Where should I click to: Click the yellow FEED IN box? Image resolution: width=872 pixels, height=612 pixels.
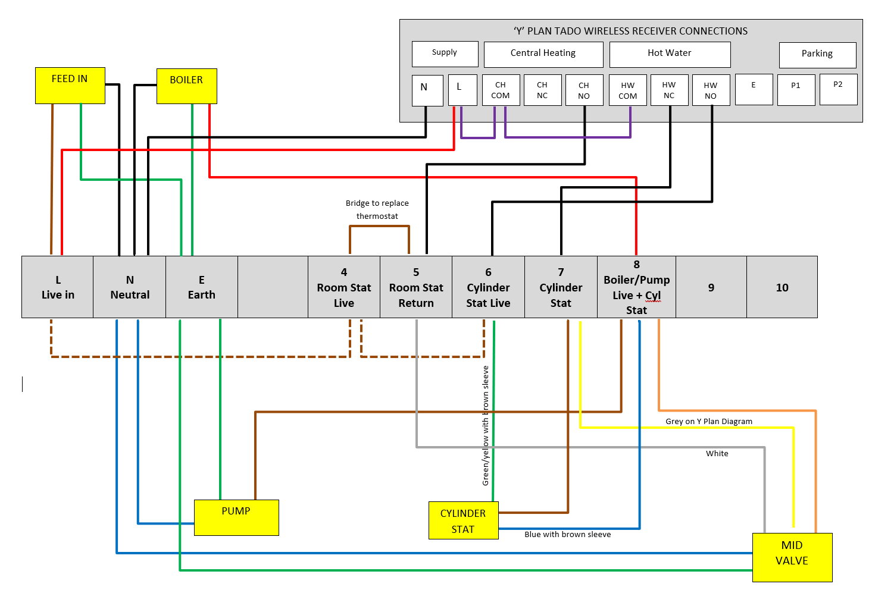coord(70,86)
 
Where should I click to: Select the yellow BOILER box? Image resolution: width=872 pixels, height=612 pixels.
coord(186,86)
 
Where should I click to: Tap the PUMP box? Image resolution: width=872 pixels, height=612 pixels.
coord(236,517)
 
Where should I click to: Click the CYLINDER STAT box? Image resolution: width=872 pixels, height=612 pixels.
coord(463,520)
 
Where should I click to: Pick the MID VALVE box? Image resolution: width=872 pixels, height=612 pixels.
coord(792,557)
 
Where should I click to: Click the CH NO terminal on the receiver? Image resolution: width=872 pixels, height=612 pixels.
coord(584,90)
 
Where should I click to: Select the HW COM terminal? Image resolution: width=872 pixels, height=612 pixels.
coord(627,90)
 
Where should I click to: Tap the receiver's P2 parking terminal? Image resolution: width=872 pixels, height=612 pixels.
coord(837,89)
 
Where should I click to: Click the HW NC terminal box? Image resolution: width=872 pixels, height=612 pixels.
coord(669,90)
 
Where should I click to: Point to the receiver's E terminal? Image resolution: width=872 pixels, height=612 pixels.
coord(754,89)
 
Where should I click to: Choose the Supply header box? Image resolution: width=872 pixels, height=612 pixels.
coord(445,54)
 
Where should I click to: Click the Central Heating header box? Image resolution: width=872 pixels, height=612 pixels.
coord(543,54)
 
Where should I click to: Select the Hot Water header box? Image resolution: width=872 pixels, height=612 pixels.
coord(670,54)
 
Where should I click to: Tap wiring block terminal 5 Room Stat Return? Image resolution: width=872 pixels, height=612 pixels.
coord(416,287)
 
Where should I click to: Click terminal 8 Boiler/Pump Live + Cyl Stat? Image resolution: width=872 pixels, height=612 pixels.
coord(636,287)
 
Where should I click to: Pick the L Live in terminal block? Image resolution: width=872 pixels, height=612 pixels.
coord(58,287)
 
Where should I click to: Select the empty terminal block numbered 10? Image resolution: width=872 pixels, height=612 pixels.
coord(782,287)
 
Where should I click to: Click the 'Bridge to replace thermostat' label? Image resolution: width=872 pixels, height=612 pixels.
coord(377,209)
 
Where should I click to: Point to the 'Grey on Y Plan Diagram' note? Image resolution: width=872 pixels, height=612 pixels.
coord(708,421)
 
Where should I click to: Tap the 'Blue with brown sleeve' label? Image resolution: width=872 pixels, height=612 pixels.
coord(567,534)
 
